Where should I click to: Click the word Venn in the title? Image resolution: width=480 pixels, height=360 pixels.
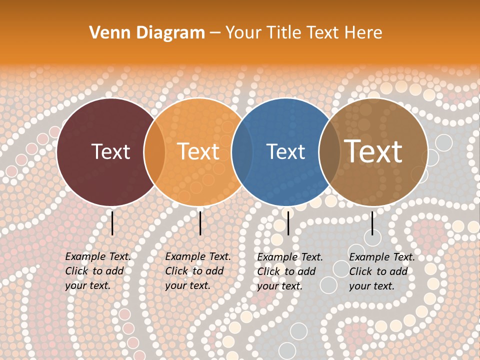(x=106, y=33)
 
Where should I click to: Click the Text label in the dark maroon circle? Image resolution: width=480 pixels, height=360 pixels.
(x=111, y=151)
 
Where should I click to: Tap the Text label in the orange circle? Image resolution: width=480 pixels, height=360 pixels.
(x=198, y=151)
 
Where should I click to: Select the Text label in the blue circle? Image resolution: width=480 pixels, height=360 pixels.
(x=286, y=151)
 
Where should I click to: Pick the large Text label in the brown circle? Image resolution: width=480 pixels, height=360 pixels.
(x=373, y=151)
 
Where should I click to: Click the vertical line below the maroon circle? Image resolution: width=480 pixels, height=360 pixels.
(x=112, y=223)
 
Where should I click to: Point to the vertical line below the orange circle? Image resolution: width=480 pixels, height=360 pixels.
(x=200, y=223)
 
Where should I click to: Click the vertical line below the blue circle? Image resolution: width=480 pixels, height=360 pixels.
(x=288, y=223)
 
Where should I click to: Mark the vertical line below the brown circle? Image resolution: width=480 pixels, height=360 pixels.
(x=372, y=223)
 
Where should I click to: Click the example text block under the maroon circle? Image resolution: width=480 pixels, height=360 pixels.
(x=98, y=271)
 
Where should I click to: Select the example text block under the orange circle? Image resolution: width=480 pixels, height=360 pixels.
(x=198, y=271)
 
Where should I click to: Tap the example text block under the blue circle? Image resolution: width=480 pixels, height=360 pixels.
(x=290, y=271)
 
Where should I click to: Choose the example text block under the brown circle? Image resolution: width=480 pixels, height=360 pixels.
(x=382, y=271)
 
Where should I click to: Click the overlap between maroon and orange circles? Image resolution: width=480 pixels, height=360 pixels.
(x=154, y=152)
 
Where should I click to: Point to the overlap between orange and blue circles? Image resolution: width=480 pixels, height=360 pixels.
(x=242, y=152)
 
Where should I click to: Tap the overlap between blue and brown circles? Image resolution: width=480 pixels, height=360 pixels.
(x=329, y=152)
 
